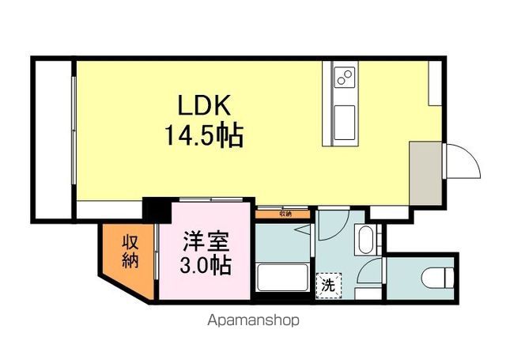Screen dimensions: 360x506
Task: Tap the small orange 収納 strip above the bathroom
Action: [x=284, y=213]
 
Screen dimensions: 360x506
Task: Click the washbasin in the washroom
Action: [x=366, y=238]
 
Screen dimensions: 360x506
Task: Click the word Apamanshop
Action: [x=255, y=322]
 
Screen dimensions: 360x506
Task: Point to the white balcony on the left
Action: [x=52, y=138]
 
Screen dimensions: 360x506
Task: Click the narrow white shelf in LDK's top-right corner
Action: [x=434, y=82]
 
